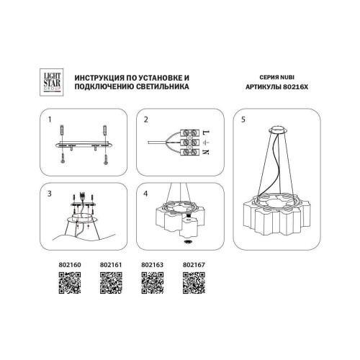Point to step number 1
coord(50,119)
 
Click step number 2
coord(146,119)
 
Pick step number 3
coord(50,194)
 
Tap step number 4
coord(146,194)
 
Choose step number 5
coord(243,119)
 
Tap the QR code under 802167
coord(194,284)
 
